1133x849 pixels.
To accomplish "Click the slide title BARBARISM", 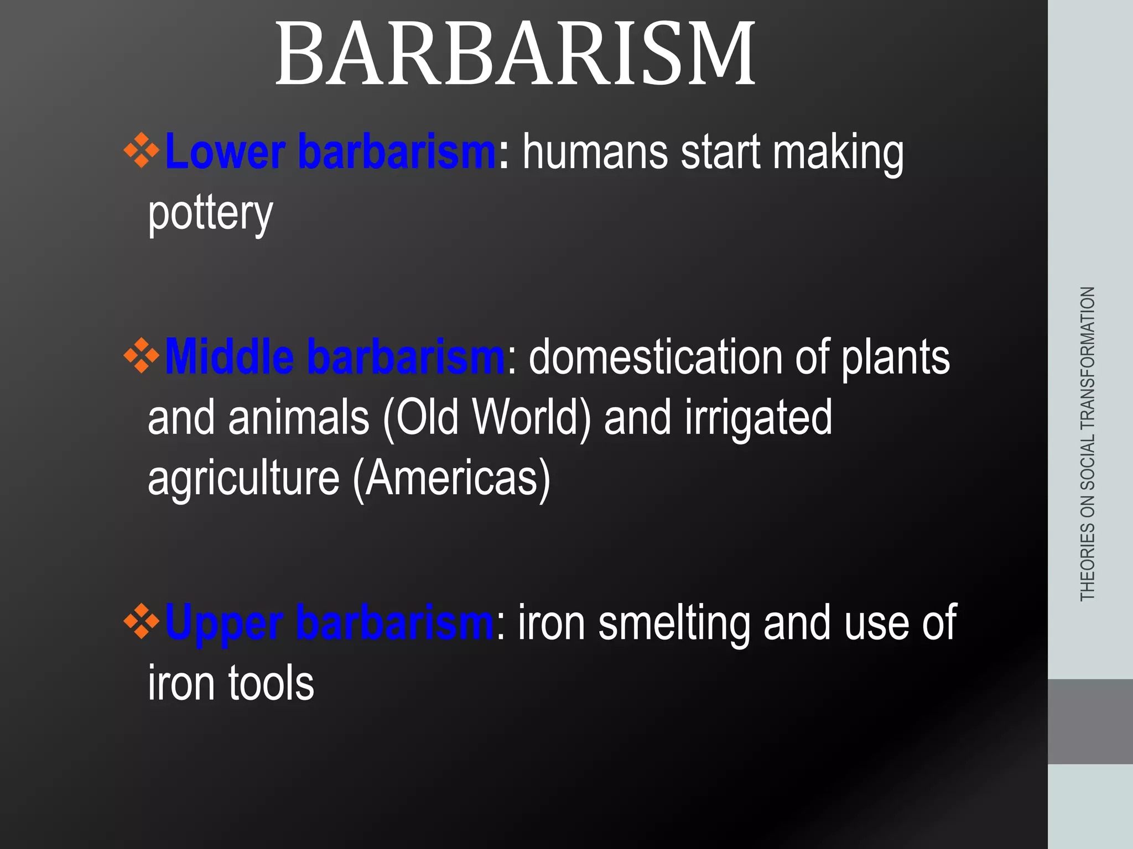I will [514, 54].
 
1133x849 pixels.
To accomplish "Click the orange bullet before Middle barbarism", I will [142, 355].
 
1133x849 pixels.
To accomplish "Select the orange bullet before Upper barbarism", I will [142, 621].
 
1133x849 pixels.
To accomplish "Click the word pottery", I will [210, 213].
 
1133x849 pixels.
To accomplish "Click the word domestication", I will [655, 358].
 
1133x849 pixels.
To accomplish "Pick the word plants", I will [895, 359].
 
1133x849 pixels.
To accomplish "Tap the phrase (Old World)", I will [487, 418].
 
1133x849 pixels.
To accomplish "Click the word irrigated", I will [758, 418].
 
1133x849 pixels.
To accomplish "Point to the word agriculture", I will [243, 479].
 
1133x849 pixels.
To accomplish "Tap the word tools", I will [271, 684].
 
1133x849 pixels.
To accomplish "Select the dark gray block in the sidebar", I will [1090, 721].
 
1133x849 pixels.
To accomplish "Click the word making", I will [838, 153].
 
